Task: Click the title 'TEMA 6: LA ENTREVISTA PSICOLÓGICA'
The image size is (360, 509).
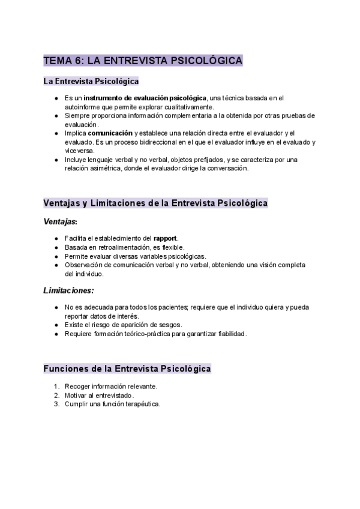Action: [x=143, y=61]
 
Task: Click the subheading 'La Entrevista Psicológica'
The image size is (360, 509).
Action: [x=91, y=81]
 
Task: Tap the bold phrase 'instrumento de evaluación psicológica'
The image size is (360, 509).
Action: [x=145, y=98]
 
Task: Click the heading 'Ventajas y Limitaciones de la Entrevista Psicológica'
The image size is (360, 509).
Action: [x=155, y=203]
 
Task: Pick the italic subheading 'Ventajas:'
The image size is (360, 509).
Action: [x=60, y=221]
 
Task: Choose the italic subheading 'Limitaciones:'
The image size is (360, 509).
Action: [x=69, y=291]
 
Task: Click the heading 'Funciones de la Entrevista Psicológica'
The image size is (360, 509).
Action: [x=127, y=368]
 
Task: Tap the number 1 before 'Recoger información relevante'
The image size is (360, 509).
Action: [x=56, y=386]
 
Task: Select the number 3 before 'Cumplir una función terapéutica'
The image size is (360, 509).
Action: [x=56, y=404]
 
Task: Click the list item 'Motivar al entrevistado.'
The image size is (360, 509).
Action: [x=100, y=395]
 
